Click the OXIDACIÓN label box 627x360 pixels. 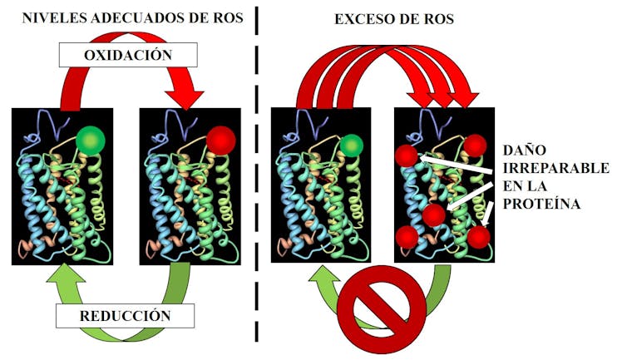click(128, 55)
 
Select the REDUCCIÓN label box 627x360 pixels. click(126, 316)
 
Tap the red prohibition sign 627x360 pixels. click(382, 309)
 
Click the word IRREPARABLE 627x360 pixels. click(556, 168)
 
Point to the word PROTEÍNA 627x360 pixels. click(541, 204)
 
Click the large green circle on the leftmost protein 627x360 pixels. click(91, 141)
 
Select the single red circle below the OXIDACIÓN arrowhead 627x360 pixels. click(221, 141)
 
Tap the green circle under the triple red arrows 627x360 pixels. click(352, 145)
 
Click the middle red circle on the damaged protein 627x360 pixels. click(434, 215)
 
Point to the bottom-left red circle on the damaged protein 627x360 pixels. click(407, 237)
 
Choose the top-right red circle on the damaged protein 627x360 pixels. click(475, 145)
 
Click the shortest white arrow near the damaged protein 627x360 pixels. click(488, 214)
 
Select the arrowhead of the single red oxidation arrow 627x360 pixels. click(185, 100)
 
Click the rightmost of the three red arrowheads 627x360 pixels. click(464, 100)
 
